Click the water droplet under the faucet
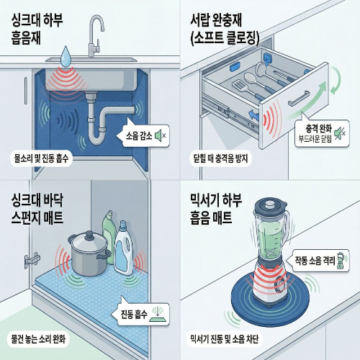pos(66,54)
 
